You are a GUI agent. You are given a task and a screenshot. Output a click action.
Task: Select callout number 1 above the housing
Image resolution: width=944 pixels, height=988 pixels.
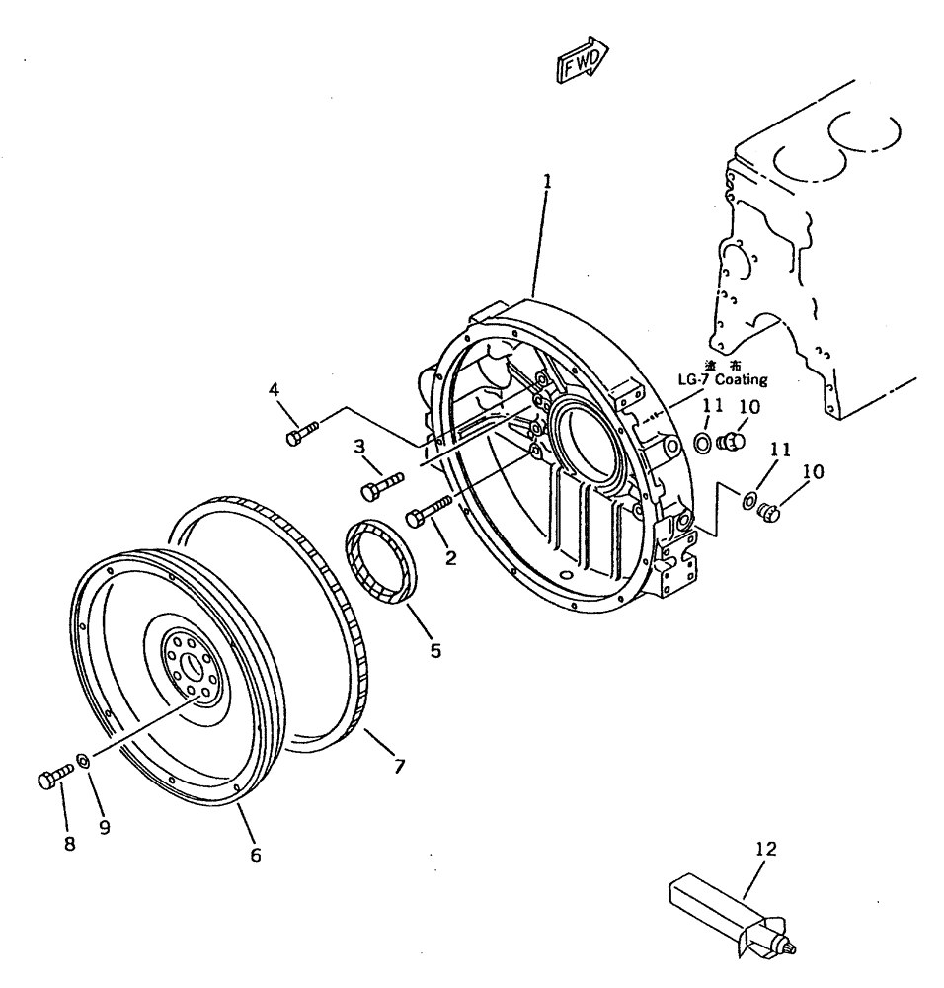coord(546,182)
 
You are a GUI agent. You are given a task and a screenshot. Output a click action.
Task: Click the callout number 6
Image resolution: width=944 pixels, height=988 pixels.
coord(255,855)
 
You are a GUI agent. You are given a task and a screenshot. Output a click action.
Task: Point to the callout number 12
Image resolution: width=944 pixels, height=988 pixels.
coord(765,848)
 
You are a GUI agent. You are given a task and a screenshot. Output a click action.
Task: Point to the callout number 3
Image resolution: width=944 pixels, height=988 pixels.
coord(361,448)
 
